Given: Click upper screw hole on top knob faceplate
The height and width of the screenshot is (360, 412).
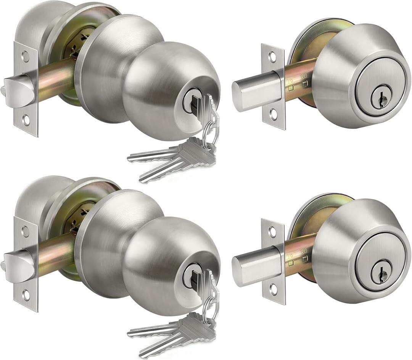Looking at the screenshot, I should pos(26,57).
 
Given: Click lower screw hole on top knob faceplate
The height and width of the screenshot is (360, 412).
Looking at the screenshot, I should pos(26,120).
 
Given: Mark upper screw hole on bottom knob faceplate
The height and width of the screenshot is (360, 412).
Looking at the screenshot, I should pos(26,231).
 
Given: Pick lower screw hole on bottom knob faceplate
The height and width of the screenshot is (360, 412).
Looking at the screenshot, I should pos(26,295).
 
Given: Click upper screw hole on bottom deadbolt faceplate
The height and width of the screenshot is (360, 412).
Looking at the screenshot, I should pos(272,232).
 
